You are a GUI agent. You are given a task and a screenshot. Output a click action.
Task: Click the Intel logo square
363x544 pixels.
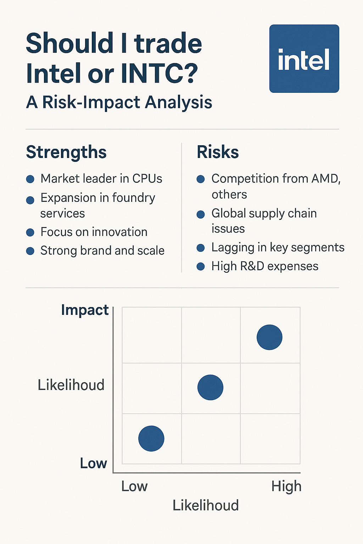pos(304,59)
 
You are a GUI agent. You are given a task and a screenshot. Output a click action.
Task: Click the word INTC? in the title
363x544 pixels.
pos(159,73)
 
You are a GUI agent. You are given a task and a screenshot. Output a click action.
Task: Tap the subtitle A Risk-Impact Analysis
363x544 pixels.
pos(119,102)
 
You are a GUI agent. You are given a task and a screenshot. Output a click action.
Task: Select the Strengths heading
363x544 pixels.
pos(66,152)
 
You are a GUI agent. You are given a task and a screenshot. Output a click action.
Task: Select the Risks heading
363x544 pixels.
pos(218,152)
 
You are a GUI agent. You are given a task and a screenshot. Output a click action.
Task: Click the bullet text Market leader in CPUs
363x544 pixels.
pos(101,178)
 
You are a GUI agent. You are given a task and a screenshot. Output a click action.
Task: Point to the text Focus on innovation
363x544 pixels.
pos(94,232)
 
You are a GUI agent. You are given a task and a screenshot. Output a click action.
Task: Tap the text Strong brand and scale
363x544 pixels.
pos(102,251)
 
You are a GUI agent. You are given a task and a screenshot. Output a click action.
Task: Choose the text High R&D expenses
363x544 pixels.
pos(264,266)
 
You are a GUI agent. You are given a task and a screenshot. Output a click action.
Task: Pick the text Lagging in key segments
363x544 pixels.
pos(278,248)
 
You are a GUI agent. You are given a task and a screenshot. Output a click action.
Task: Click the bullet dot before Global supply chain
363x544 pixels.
pos(201,214)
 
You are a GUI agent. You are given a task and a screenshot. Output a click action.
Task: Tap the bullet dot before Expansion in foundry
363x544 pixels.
pos(30,200)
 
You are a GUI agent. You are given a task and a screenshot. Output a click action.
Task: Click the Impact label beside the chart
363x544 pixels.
pos(85,310)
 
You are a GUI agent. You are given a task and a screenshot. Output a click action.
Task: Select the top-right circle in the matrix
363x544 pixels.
pos(269,337)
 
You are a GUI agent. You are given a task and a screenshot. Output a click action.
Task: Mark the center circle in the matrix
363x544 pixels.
pos(210,387)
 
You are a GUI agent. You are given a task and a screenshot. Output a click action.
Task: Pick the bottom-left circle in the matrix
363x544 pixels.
pos(151,438)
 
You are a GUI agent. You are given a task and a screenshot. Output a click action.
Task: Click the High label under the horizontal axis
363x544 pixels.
pos(286,486)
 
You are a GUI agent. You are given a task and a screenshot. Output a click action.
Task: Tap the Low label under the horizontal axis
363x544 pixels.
pos(134,486)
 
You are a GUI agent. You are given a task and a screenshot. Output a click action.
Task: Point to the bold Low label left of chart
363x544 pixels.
pos(93,463)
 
